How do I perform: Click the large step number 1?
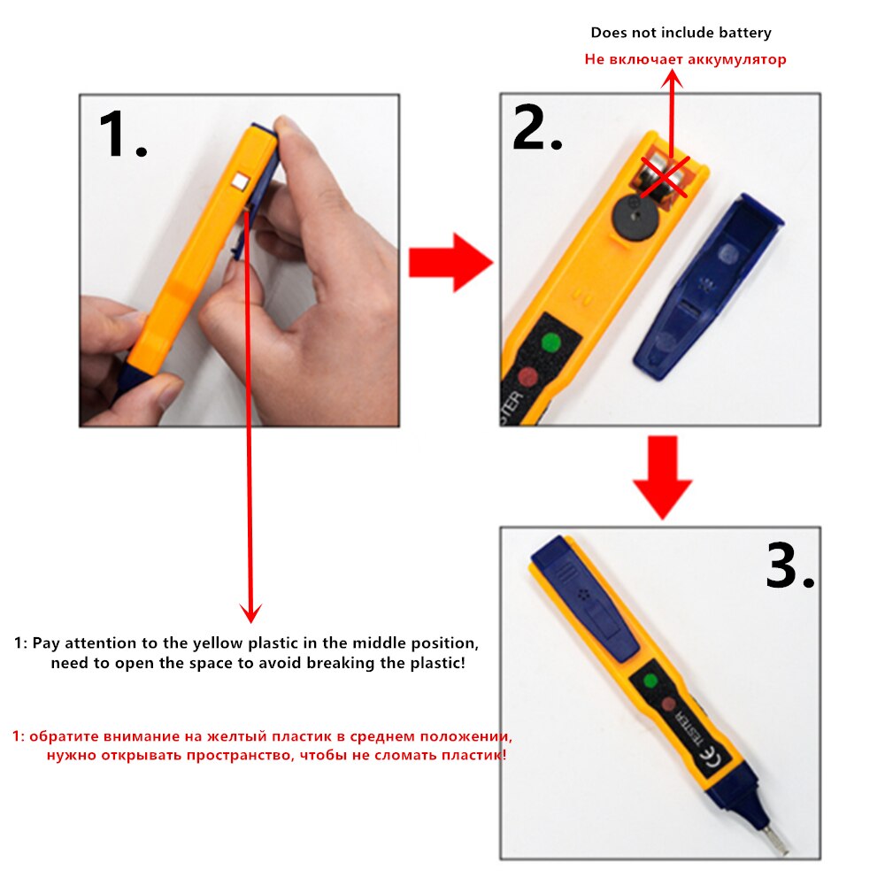(x=121, y=135)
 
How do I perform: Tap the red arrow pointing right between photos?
(x=450, y=262)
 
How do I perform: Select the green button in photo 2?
(x=552, y=342)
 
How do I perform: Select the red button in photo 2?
(x=527, y=377)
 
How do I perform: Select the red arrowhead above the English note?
(x=251, y=611)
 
